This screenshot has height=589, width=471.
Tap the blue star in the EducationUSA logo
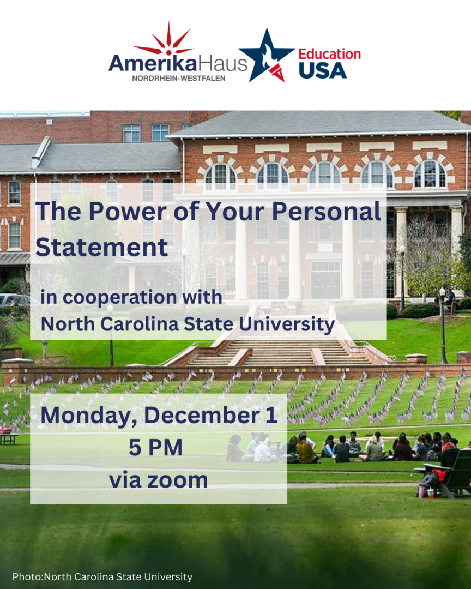tap(267, 56)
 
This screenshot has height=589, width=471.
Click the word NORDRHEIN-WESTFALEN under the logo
tap(178, 78)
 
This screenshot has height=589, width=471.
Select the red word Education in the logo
tap(329, 54)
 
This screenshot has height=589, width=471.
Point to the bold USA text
tap(323, 70)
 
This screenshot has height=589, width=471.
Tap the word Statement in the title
tap(101, 247)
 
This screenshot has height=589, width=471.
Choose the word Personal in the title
tap(326, 212)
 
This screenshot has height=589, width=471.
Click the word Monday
tap(89, 416)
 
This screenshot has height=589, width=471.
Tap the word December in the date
tap(202, 416)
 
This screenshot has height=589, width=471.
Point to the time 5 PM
tap(155, 447)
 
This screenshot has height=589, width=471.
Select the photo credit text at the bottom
tap(102, 576)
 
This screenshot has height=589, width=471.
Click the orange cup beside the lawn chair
tap(431, 494)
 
